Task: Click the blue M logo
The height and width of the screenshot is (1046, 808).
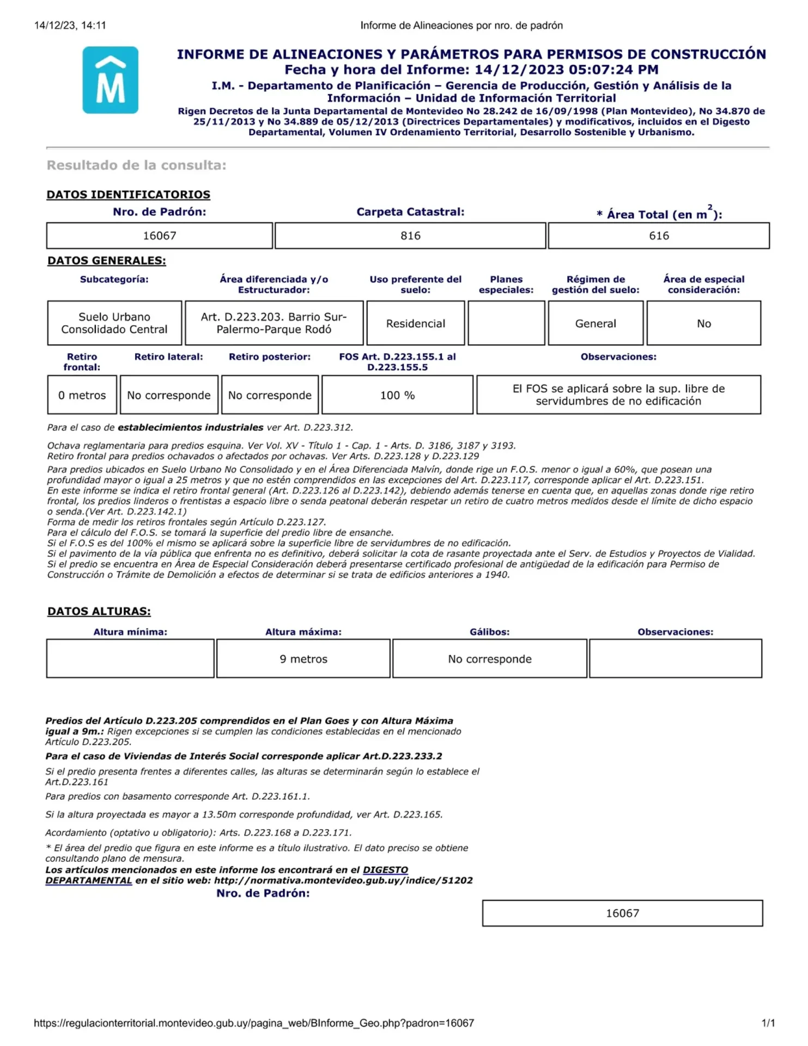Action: tap(110, 80)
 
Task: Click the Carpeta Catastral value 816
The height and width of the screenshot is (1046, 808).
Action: tap(410, 236)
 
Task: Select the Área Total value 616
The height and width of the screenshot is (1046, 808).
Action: tap(659, 236)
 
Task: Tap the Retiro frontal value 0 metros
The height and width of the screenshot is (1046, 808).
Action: tap(82, 395)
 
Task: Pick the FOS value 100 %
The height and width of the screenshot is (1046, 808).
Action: tap(397, 395)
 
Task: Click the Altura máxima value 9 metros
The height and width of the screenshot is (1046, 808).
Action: tap(303, 659)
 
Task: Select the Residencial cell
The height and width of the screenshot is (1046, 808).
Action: tap(416, 324)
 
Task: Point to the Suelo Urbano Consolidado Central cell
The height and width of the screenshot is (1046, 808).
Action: tap(114, 323)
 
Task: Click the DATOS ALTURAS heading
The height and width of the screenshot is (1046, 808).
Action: tap(99, 611)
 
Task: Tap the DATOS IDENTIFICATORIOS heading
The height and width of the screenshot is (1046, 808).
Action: tap(128, 194)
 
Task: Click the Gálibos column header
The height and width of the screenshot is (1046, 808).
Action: tap(489, 632)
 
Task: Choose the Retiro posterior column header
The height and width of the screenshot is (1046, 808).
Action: tap(270, 357)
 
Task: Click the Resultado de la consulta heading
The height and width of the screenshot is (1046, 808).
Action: tap(136, 165)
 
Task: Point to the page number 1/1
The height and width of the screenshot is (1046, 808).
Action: tap(768, 1023)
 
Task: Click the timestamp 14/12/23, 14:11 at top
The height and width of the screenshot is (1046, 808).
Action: tap(70, 25)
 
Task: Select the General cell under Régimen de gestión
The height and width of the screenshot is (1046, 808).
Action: tap(596, 324)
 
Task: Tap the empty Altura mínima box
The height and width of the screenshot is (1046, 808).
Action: tap(130, 659)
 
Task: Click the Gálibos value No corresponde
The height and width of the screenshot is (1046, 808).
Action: tap(489, 659)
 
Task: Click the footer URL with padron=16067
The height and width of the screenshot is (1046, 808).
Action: tap(254, 1023)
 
